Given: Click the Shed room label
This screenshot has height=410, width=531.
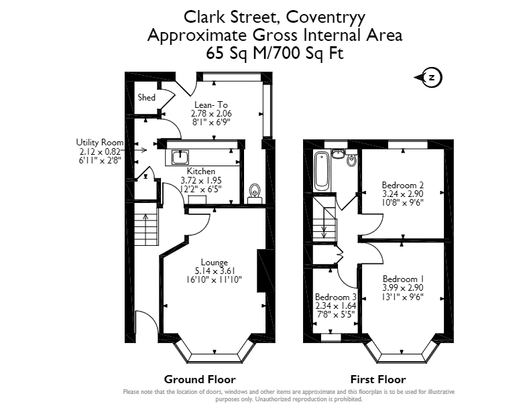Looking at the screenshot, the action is (x=146, y=97).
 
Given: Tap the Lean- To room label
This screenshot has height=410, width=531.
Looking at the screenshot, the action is (x=211, y=105).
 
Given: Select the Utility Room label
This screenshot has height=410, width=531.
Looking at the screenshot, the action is (x=99, y=143).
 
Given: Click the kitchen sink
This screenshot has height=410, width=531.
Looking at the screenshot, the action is (x=180, y=157).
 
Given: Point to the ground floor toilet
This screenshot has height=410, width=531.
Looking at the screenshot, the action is (x=255, y=194).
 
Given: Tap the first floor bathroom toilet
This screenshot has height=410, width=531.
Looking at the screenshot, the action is (x=352, y=159).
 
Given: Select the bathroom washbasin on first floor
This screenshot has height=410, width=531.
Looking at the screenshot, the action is (x=338, y=153).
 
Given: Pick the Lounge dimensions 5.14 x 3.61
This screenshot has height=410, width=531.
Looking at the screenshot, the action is (x=215, y=271).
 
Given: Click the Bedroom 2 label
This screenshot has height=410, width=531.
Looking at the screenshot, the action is (x=403, y=185).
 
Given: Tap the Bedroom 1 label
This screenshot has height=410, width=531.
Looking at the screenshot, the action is (x=403, y=279).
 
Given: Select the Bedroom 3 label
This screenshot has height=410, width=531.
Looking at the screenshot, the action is (x=336, y=297).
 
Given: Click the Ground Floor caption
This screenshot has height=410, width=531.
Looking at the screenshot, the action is (x=200, y=379).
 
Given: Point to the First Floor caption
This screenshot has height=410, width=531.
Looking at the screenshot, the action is (x=378, y=379).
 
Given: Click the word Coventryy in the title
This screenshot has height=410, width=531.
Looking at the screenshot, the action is (x=326, y=17).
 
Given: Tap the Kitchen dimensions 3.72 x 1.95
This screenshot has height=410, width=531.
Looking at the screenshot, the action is (x=201, y=180).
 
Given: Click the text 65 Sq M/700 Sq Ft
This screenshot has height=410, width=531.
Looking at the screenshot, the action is (x=275, y=54).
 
